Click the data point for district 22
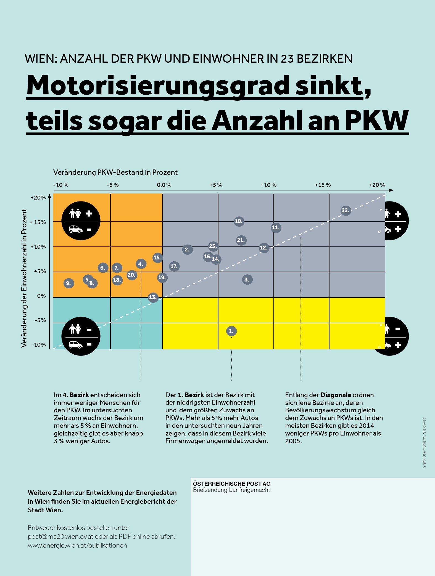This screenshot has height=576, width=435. [346, 211]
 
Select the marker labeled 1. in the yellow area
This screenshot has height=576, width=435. [231, 331]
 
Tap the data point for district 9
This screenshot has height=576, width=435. [68, 283]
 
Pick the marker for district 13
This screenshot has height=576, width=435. [153, 297]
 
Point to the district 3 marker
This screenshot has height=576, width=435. [247, 280]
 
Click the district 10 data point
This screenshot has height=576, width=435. [239, 221]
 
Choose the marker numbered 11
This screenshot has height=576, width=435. [276, 227]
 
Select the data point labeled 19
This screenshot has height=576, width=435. [162, 277]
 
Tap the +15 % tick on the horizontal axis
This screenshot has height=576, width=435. [323, 185]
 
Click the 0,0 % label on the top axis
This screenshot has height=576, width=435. [164, 185]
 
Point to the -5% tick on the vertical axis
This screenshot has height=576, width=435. [40, 320]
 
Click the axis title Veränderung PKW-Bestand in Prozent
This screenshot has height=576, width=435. [115, 172]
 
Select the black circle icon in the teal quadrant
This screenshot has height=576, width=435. [81, 336]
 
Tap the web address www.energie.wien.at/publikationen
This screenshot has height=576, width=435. [77, 545]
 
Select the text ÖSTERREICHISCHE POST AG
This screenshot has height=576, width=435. [232, 484]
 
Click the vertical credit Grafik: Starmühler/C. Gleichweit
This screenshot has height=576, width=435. [424, 443]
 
